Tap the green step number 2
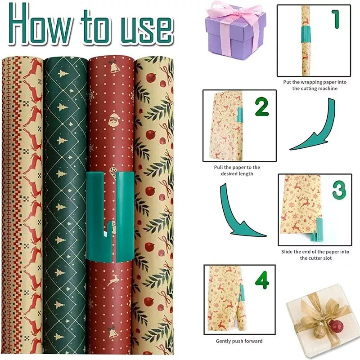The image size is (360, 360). [261, 107]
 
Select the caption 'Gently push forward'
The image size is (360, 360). [239, 341]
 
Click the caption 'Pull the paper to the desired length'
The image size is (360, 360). [237, 170]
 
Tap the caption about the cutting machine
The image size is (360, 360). [314, 85]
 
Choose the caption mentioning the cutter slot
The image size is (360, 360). [313, 255]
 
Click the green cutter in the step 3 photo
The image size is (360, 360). [315, 227]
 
